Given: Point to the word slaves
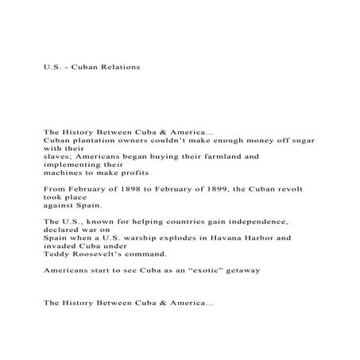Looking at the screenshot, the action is (59, 157).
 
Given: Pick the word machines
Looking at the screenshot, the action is (66, 172).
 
